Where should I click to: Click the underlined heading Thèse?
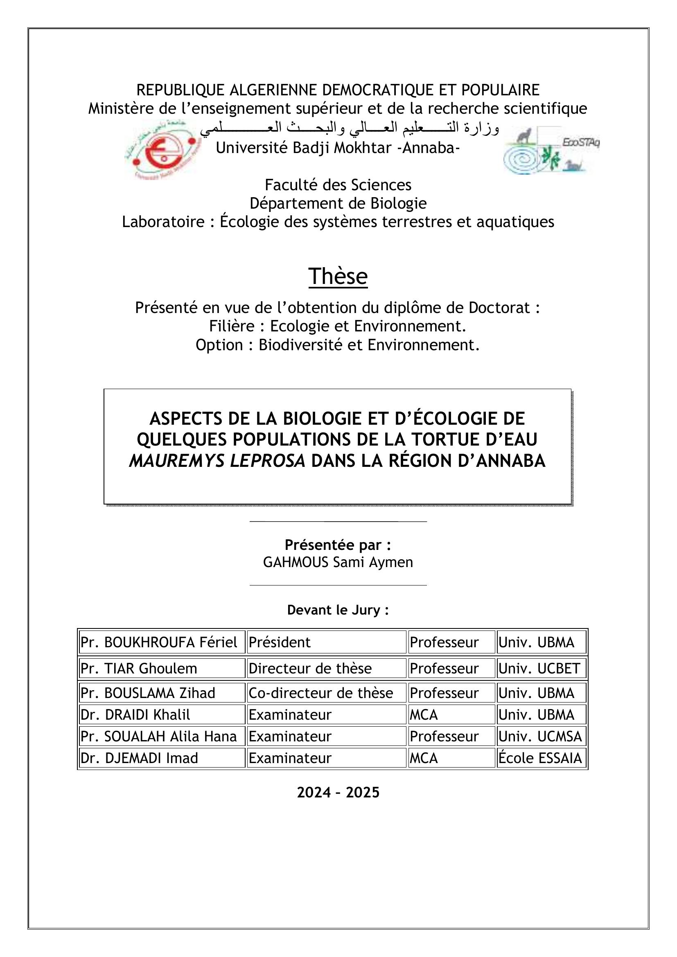(338, 276)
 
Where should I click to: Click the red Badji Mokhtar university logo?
(162, 150)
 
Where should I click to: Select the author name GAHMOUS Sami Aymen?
(338, 562)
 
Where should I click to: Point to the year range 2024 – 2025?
(338, 793)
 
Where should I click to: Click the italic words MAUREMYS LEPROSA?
(217, 461)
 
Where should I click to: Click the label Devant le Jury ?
(338, 610)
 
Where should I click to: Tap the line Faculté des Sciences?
(338, 185)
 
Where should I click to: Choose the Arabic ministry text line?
(349, 128)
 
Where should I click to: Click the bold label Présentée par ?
(338, 545)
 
